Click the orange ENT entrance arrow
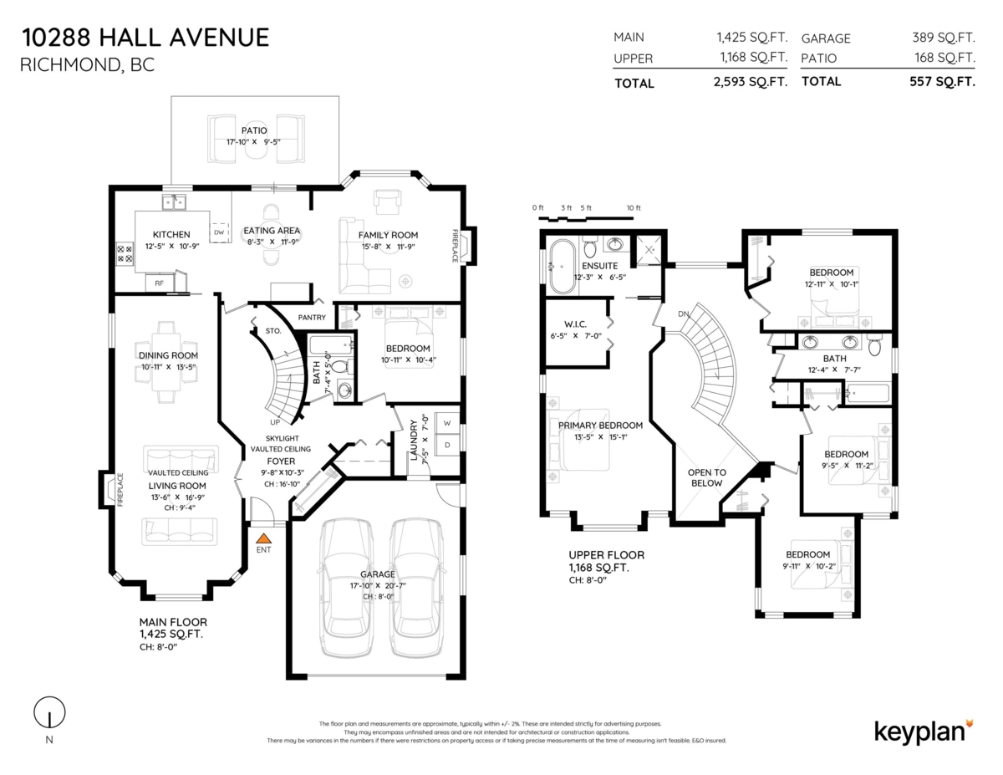[x=263, y=540]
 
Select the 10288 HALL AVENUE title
[x=145, y=38]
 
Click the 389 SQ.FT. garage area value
[x=944, y=38]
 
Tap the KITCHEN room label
[x=171, y=235]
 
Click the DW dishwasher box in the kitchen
[x=219, y=232]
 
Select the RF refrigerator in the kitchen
[x=159, y=283]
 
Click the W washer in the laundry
[x=447, y=421]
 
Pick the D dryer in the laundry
[x=447, y=445]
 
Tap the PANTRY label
[x=313, y=318]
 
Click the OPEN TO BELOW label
[x=706, y=477]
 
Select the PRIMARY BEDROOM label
[x=600, y=426]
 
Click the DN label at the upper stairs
[x=683, y=314]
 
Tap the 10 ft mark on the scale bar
[x=633, y=208]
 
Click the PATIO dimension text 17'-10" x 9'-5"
[x=253, y=143]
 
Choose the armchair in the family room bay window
[x=388, y=201]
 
